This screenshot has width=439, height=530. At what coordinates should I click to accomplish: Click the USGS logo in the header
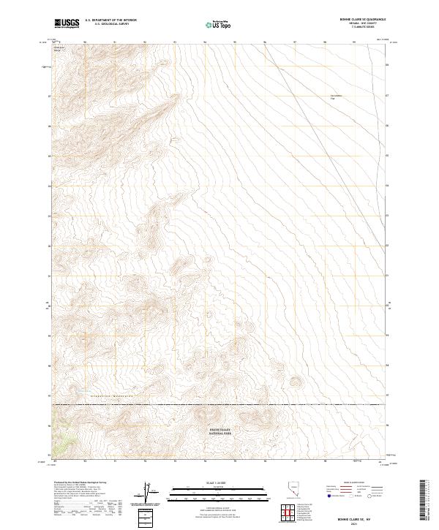(67, 23)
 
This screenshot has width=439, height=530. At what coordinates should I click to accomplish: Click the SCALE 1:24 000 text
(219, 483)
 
